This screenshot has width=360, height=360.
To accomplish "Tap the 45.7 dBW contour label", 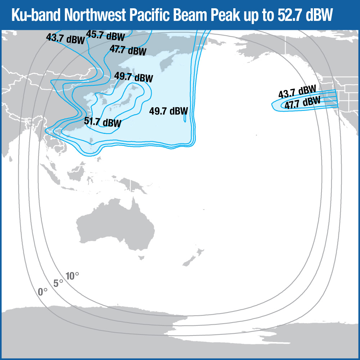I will point(105,36).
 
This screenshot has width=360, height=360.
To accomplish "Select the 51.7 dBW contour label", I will point(103,122).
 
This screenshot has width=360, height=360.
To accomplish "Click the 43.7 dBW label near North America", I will point(297,93).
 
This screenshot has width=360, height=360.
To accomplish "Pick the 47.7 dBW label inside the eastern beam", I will point(302,103).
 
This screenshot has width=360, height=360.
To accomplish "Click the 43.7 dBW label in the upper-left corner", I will point(66,38).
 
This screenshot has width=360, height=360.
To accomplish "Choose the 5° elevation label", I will point(58,283).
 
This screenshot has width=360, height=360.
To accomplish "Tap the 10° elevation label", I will point(72,276).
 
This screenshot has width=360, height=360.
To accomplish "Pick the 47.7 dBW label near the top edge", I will point(128,50).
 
